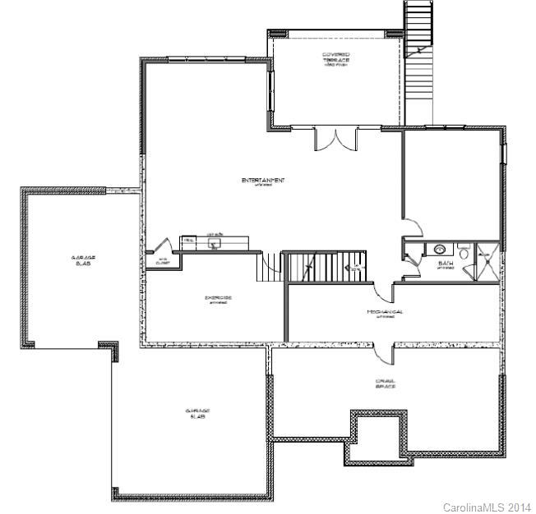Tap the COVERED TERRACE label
(x=336, y=58)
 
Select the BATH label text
(x=445, y=263)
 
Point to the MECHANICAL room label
(x=384, y=313)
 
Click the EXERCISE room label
(x=217, y=298)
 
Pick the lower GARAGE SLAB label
(x=197, y=413)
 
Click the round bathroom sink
(x=439, y=249)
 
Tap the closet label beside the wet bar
(x=163, y=261)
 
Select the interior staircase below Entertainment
(x=325, y=266)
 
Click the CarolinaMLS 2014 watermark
(x=487, y=507)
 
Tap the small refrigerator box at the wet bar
(x=188, y=240)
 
